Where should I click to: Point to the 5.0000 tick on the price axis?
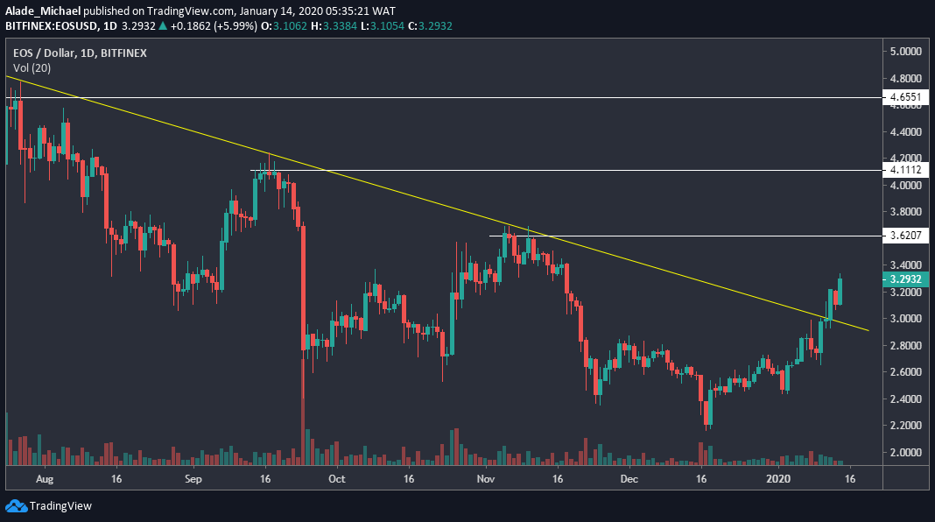click(x=905, y=52)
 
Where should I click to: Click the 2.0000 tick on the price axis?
click(x=905, y=452)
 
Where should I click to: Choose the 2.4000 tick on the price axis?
click(x=905, y=399)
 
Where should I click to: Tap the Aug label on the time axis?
click(x=46, y=480)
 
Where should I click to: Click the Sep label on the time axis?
click(x=193, y=480)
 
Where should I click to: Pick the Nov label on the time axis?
click(x=486, y=480)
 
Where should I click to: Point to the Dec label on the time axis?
click(x=628, y=480)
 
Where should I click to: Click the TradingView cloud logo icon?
click(x=16, y=505)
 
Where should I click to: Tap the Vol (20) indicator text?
click(x=32, y=67)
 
